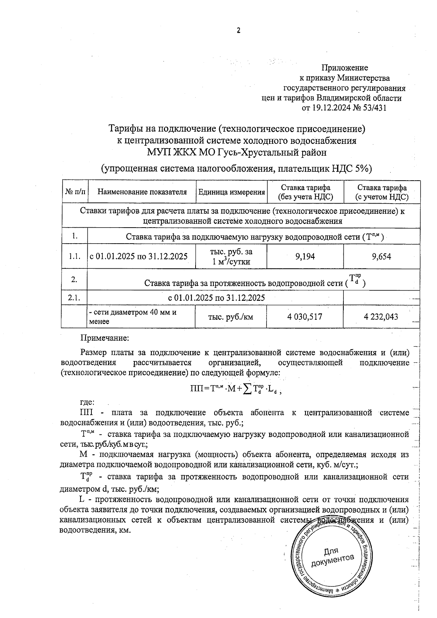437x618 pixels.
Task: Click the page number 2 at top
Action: pyautogui.click(x=239, y=31)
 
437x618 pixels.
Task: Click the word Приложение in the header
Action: pyautogui.click(x=345, y=68)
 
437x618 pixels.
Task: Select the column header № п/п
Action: pyautogui.click(x=75, y=192)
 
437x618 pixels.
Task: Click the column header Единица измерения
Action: pyautogui.click(x=231, y=192)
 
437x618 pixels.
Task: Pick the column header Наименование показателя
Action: pyautogui.click(x=142, y=192)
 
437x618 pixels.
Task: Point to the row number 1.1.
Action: pyautogui.click(x=75, y=257)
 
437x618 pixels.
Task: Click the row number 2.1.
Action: pyautogui.click(x=74, y=298)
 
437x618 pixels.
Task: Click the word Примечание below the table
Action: pyautogui.click(x=105, y=338)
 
